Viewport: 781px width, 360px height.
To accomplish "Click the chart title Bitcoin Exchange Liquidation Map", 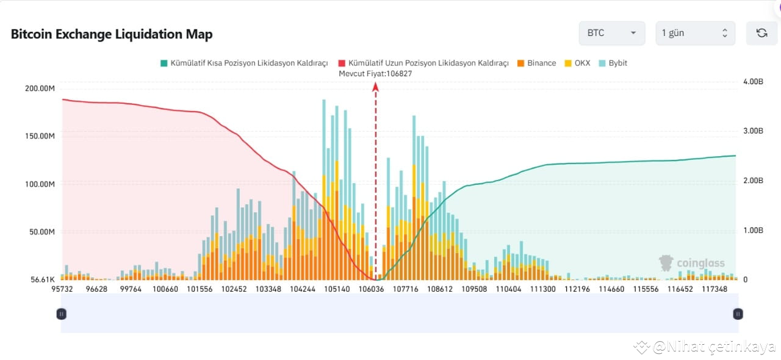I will (x=112, y=34).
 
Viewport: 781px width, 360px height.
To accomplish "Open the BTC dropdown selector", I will (x=611, y=33).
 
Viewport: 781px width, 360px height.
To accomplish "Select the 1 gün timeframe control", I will (x=695, y=33).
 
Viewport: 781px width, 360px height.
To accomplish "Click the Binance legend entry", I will (x=537, y=63).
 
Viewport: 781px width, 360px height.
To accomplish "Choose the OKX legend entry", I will (x=577, y=63).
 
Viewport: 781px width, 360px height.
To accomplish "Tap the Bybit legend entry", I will (x=613, y=63).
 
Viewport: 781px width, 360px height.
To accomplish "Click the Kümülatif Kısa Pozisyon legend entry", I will (x=244, y=63).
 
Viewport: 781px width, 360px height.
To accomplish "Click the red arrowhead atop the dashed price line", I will (x=375, y=87).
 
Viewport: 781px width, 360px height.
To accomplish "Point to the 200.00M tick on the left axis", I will (x=40, y=88).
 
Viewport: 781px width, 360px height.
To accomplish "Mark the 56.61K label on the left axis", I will (x=42, y=279).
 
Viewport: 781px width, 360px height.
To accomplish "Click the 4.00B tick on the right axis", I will (x=753, y=81).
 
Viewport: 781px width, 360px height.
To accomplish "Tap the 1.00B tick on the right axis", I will (x=753, y=231).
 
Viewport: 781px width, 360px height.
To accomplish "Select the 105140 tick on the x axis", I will (x=337, y=289).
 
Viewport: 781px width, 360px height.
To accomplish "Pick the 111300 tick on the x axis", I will (x=543, y=289).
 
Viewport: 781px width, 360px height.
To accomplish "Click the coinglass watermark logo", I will (x=692, y=263).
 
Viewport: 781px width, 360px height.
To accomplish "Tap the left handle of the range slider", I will (x=61, y=314).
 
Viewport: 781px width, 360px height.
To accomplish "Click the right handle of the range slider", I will (x=738, y=314).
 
